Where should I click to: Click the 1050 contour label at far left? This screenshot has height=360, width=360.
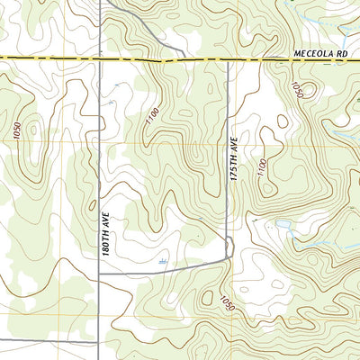click(x=17, y=130)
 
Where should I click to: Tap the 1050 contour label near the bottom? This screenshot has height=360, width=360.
click(x=225, y=304)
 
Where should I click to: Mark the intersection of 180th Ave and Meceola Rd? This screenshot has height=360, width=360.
click(x=100, y=59)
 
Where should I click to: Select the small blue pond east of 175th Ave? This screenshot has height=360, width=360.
click(x=283, y=223)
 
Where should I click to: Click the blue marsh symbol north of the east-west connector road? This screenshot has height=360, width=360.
click(x=162, y=260)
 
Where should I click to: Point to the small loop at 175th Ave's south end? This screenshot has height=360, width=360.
click(x=229, y=246)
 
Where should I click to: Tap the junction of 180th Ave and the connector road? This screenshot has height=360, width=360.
click(x=100, y=273)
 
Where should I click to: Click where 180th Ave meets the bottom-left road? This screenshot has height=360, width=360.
click(x=99, y=342)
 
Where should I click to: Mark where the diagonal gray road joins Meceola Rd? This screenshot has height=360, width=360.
click(x=184, y=59)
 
